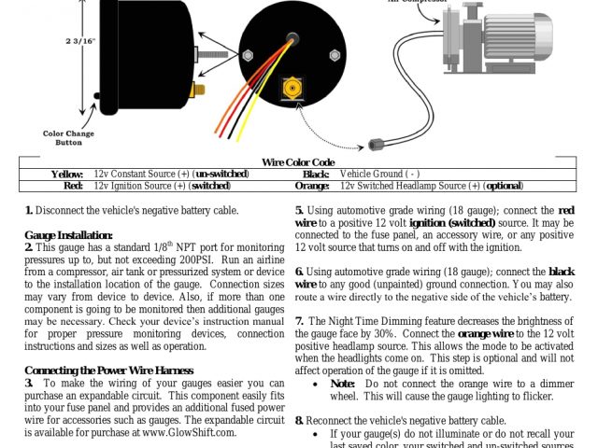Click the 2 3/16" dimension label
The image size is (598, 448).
click(x=79, y=41)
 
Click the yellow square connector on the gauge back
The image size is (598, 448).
click(x=292, y=91)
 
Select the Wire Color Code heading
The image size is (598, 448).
click(x=298, y=161)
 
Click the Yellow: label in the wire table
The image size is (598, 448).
click(x=67, y=174)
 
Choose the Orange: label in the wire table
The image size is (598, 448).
click(x=311, y=185)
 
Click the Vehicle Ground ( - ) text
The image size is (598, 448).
click(x=379, y=174)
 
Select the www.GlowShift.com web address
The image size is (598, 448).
click(x=191, y=432)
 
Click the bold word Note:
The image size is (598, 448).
click(x=343, y=384)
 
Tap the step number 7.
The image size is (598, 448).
click(x=299, y=321)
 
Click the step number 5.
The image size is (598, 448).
click(x=299, y=211)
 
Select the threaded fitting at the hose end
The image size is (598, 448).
click(x=378, y=144)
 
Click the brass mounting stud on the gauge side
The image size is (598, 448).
click(x=197, y=90)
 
